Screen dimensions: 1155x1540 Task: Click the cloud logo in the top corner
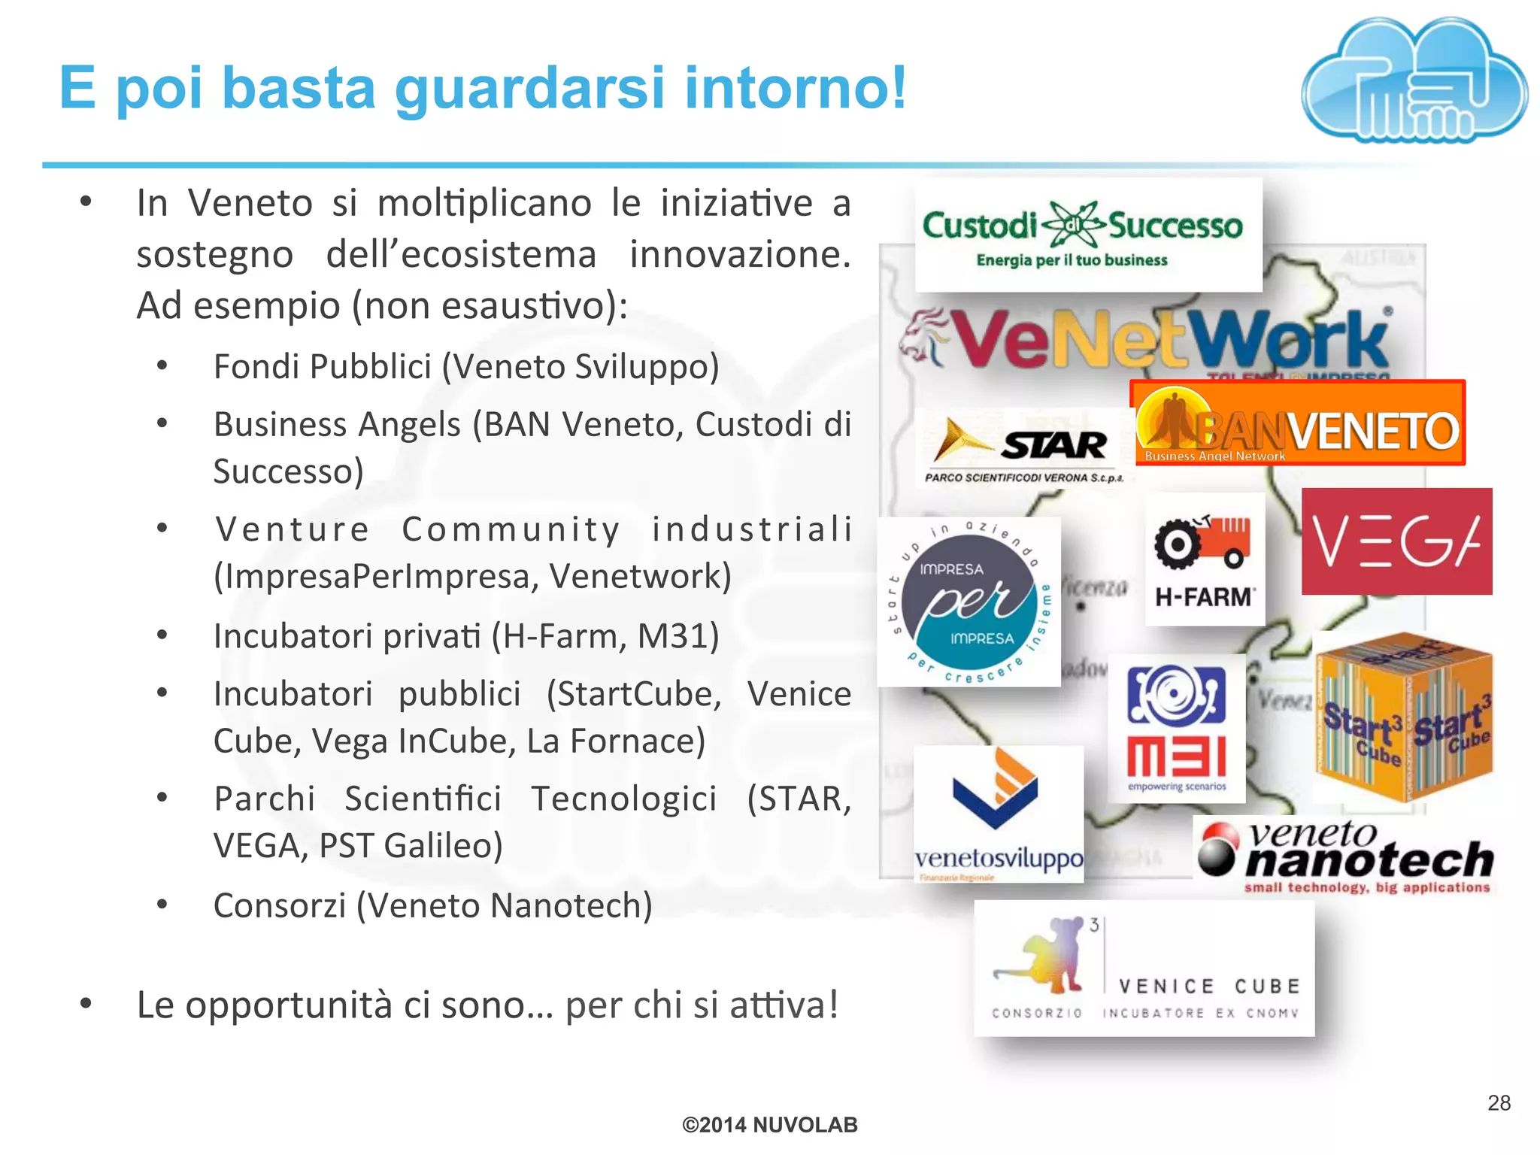[x=1414, y=81]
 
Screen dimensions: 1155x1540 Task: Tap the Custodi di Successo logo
[x=1087, y=235]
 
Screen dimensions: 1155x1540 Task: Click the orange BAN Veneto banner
[x=1298, y=423]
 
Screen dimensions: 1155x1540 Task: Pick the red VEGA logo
[x=1396, y=541]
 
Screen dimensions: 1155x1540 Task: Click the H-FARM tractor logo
[x=1205, y=559]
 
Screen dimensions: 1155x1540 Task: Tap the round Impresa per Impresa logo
[x=969, y=602]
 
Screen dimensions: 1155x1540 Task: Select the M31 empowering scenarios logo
[x=1177, y=728]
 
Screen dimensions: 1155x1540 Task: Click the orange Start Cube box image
[x=1403, y=717]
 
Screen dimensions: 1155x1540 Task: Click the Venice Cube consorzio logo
[x=1144, y=969]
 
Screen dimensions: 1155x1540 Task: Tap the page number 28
[x=1499, y=1102]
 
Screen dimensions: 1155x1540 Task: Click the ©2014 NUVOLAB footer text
[x=769, y=1125]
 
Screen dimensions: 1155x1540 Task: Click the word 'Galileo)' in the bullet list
[x=443, y=845]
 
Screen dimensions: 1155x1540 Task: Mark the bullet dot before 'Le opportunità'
[x=86, y=1003]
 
